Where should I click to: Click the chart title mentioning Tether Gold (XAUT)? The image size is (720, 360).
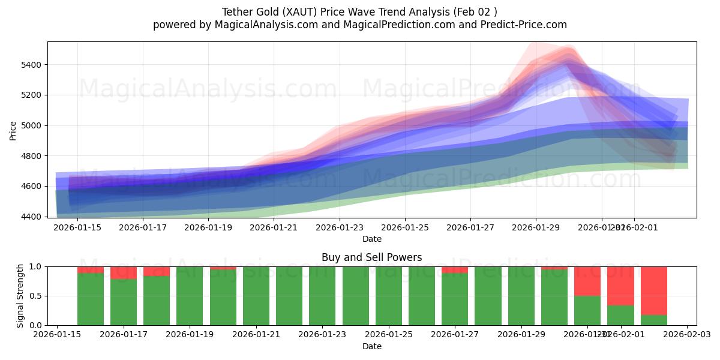coord(359,12)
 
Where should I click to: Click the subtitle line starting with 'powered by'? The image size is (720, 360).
coord(359,25)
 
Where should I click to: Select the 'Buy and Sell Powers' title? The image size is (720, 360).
coord(371,257)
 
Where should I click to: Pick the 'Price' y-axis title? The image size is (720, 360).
coord(13,130)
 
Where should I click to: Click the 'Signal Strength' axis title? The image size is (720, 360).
coord(20,296)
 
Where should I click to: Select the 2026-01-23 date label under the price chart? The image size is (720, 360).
coord(339,228)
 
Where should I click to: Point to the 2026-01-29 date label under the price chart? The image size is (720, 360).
coord(536,228)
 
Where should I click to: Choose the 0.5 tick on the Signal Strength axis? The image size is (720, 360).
coord(35,296)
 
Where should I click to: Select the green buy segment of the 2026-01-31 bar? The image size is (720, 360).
coord(587,310)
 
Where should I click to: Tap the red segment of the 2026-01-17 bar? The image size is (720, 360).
coord(124,273)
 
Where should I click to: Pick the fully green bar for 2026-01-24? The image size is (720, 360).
coord(356,296)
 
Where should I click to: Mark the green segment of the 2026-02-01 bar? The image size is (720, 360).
coord(620,315)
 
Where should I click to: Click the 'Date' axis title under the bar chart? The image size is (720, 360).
coord(371,346)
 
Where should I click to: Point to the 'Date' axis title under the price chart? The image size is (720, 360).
coord(371,239)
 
